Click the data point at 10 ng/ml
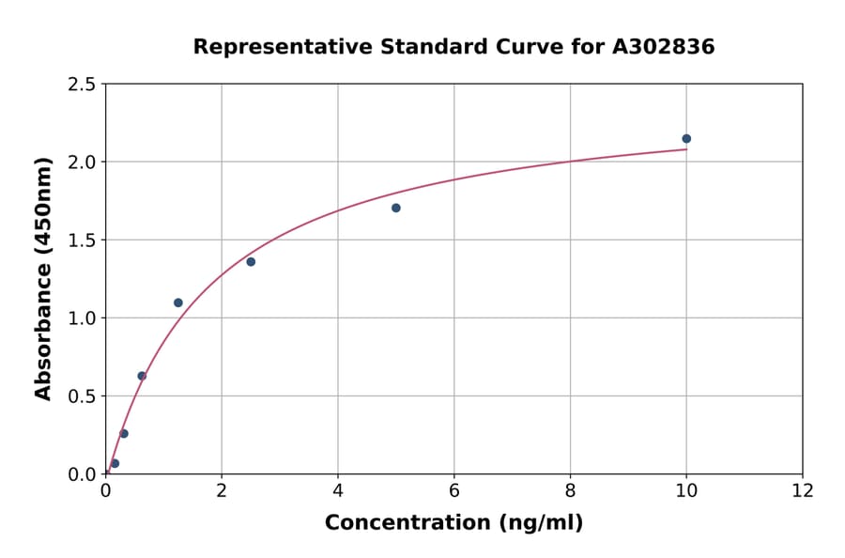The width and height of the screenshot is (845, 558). click(686, 139)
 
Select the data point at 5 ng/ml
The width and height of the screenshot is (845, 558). click(396, 208)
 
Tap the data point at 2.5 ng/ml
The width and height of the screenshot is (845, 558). click(251, 262)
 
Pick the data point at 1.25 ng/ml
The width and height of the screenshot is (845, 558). click(178, 302)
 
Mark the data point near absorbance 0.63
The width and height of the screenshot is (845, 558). click(142, 376)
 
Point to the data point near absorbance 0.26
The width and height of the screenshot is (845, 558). click(124, 433)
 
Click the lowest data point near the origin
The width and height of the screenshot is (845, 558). click(115, 463)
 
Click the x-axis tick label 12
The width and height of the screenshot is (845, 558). click(803, 491)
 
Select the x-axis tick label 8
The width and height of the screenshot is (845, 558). click(570, 491)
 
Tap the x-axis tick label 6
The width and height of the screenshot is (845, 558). click(454, 491)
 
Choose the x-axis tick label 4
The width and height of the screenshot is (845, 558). click(338, 491)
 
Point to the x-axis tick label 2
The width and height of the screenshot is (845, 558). click(222, 491)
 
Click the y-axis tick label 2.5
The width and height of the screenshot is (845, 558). click(83, 85)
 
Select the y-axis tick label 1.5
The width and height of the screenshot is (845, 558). click(83, 240)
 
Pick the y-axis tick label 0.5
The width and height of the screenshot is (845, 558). click(83, 396)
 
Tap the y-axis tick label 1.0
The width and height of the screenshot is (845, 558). click(83, 318)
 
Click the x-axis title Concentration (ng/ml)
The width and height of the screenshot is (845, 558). click(453, 523)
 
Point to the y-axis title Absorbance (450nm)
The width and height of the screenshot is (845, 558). click(43, 279)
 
